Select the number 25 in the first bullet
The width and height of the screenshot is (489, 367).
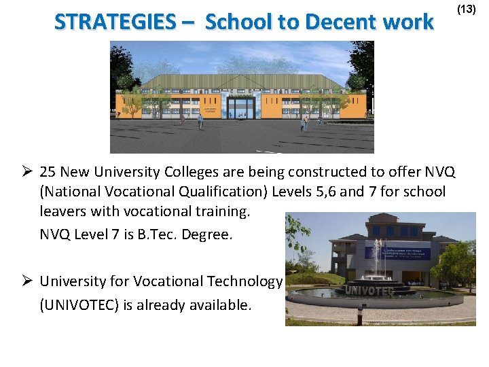point(48,172)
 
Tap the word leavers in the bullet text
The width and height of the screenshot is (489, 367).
point(63,211)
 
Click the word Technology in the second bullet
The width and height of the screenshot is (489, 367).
point(242,281)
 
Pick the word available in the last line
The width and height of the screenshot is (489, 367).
point(217,305)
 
